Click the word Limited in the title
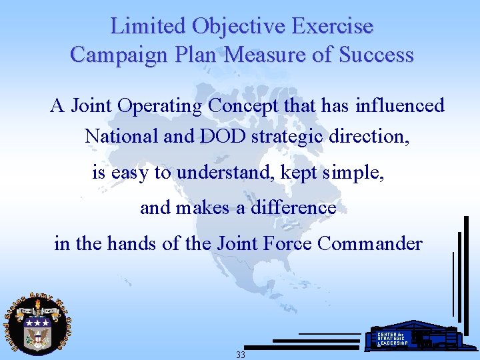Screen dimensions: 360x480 coord(148,27)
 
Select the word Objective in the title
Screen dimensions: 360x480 coord(239,27)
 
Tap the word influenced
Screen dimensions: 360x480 coord(400,106)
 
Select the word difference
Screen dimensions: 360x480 coord(293,208)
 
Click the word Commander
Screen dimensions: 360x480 coord(370,243)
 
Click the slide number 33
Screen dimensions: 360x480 coord(240,355)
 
